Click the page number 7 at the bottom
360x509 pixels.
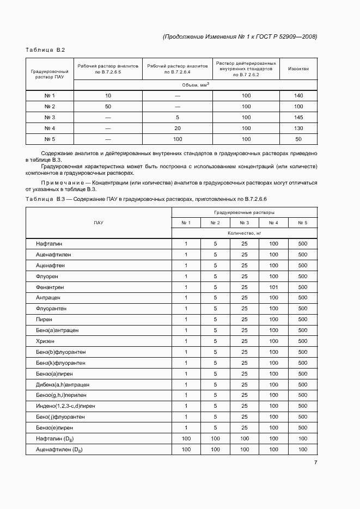315,463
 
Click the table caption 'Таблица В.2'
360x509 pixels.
45,50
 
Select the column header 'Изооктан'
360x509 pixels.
298,69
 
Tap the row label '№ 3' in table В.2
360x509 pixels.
50,118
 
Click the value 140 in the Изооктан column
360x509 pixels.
298,96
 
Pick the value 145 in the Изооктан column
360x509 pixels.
298,118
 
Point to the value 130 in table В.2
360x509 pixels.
298,128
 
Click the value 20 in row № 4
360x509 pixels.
178,128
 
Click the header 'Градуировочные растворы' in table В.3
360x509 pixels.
244,212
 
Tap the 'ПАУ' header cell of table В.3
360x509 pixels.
99,223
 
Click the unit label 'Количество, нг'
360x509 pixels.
244,233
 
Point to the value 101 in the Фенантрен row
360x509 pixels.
273,287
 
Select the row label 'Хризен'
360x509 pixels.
45,341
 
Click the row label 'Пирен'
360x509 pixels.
44,320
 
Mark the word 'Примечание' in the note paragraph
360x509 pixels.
65,182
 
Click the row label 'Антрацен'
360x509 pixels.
48,298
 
